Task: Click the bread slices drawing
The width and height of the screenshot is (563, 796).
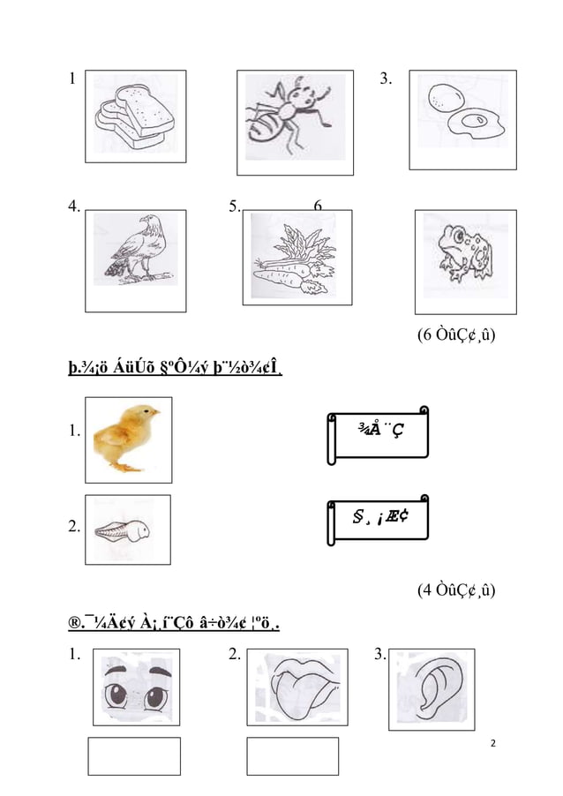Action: [x=134, y=116]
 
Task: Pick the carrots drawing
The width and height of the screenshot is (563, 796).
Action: [x=295, y=259]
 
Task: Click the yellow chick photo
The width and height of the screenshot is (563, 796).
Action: [x=128, y=438]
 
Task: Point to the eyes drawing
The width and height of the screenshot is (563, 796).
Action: [x=136, y=687]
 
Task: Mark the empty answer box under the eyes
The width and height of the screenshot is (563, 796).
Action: [x=134, y=756]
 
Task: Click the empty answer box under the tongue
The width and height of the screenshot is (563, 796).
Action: [x=292, y=756]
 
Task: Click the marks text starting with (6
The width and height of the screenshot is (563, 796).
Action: [x=455, y=335]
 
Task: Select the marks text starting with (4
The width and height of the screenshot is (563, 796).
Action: [x=455, y=589]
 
